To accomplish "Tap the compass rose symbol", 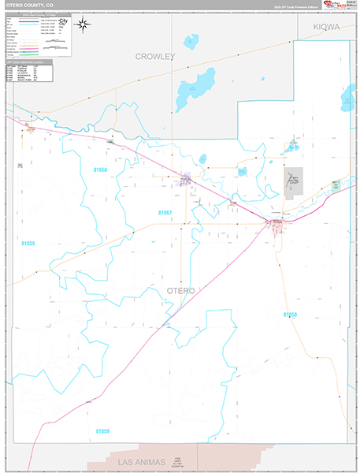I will click(x=82, y=27).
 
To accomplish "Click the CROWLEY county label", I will click(x=154, y=57).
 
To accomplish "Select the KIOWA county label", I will click(x=326, y=27).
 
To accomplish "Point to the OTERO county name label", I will click(x=181, y=291).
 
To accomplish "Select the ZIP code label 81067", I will click(x=165, y=213).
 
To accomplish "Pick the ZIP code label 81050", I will click(x=290, y=314).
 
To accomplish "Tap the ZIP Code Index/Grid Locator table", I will click(x=29, y=72).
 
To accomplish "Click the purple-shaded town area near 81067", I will click(x=185, y=178).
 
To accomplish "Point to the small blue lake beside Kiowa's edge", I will click(x=347, y=99).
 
